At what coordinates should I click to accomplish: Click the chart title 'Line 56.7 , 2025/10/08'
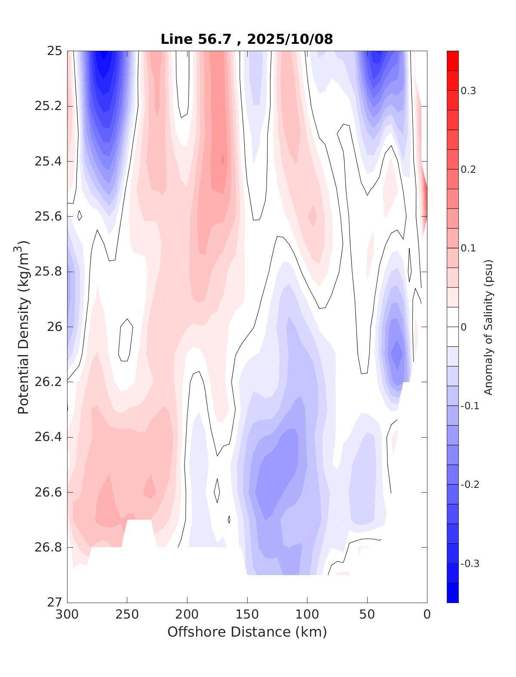pyautogui.click(x=246, y=39)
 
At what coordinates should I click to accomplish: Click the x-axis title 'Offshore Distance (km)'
pyautogui.click(x=247, y=632)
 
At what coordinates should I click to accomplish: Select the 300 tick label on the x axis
pyautogui.click(x=68, y=615)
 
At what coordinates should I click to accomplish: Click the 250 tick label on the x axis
pyautogui.click(x=127, y=615)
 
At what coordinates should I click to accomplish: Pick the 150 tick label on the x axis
pyautogui.click(x=247, y=615)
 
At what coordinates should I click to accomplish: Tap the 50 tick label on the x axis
pyautogui.click(x=367, y=615)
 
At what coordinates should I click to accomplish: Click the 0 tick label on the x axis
pyautogui.click(x=427, y=615)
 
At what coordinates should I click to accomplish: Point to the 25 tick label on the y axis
pyautogui.click(x=55, y=52)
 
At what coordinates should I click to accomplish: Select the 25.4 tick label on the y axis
pyautogui.click(x=48, y=162)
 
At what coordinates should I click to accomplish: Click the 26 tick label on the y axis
pyautogui.click(x=55, y=327)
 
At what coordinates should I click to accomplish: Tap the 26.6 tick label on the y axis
pyautogui.click(x=48, y=492)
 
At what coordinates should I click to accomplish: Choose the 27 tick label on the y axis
pyautogui.click(x=55, y=603)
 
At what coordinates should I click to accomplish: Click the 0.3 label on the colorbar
pyautogui.click(x=468, y=91)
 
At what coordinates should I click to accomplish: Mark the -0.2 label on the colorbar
pyautogui.click(x=470, y=485)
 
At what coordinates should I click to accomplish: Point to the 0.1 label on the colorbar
pyautogui.click(x=468, y=248)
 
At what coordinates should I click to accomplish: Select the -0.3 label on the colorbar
pyautogui.click(x=470, y=564)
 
